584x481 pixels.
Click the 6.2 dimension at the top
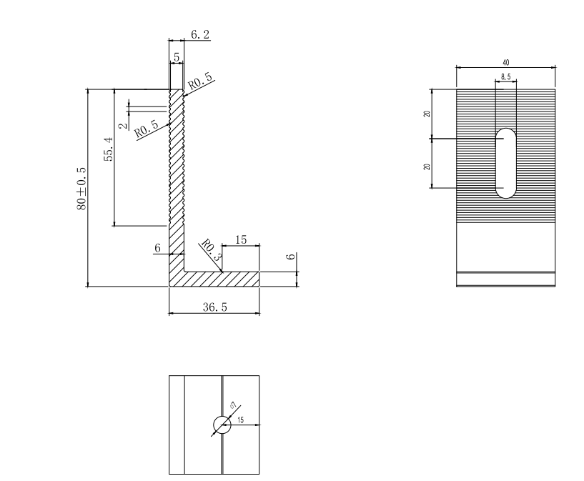pyautogui.click(x=200, y=34)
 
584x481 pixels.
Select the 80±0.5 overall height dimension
pyautogui.click(x=81, y=188)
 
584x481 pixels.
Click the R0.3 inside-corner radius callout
pyautogui.click(x=209, y=251)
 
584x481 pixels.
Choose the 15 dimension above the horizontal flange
pyautogui.click(x=241, y=241)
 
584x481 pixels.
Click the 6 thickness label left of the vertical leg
pyautogui.click(x=157, y=247)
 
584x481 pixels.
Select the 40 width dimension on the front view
pyautogui.click(x=505, y=64)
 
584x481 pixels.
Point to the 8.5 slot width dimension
pyautogui.click(x=505, y=76)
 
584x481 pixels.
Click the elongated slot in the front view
pyautogui.click(x=507, y=162)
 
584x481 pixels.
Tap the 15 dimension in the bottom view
pyautogui.click(x=240, y=420)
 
